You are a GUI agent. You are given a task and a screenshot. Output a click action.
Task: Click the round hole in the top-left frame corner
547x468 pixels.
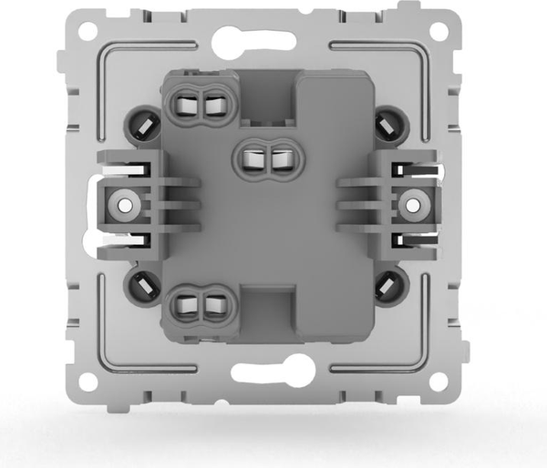[x=88, y=31]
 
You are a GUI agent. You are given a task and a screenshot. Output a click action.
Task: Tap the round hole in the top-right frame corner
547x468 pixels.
[x=439, y=30]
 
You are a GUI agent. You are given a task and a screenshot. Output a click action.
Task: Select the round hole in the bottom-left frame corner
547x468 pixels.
[x=88, y=381]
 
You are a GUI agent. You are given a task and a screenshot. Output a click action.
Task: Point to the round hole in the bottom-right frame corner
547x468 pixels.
[x=439, y=381]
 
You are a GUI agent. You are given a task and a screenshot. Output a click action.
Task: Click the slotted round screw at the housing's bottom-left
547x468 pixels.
[x=142, y=287]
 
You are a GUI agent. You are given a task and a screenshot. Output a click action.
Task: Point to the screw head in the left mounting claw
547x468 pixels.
[x=121, y=205]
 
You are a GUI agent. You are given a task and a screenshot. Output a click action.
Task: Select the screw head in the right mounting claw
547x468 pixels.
[x=413, y=205]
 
